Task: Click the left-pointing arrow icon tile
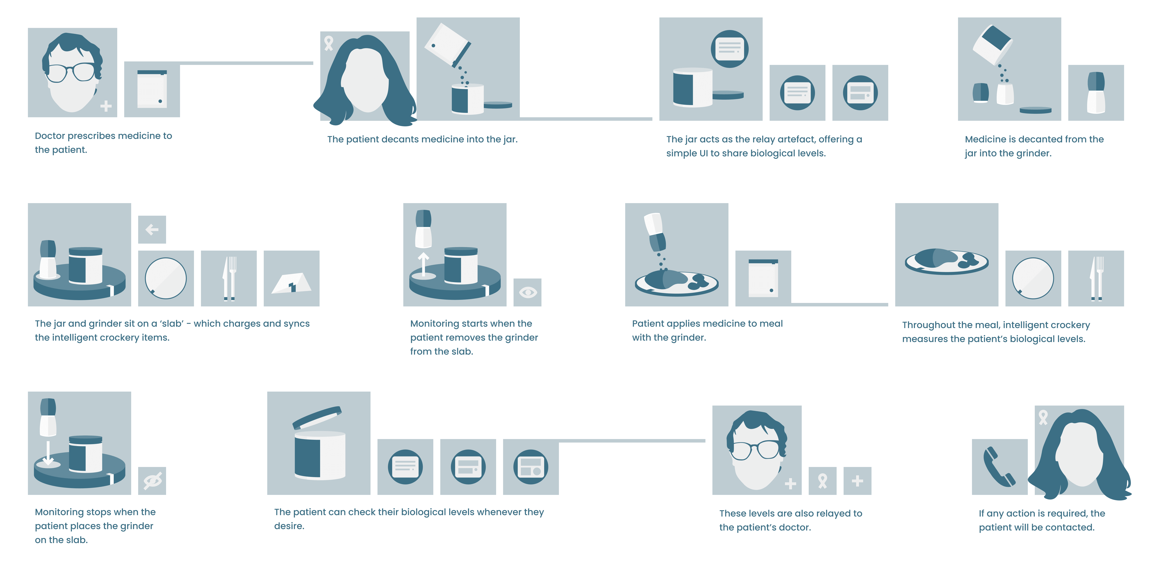coord(152,229)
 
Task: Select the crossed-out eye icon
coord(152,481)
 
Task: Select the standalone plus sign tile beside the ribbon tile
coord(857,481)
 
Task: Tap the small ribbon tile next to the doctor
coord(822,481)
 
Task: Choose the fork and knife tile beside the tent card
coord(229,278)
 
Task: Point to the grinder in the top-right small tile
coord(1096,93)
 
